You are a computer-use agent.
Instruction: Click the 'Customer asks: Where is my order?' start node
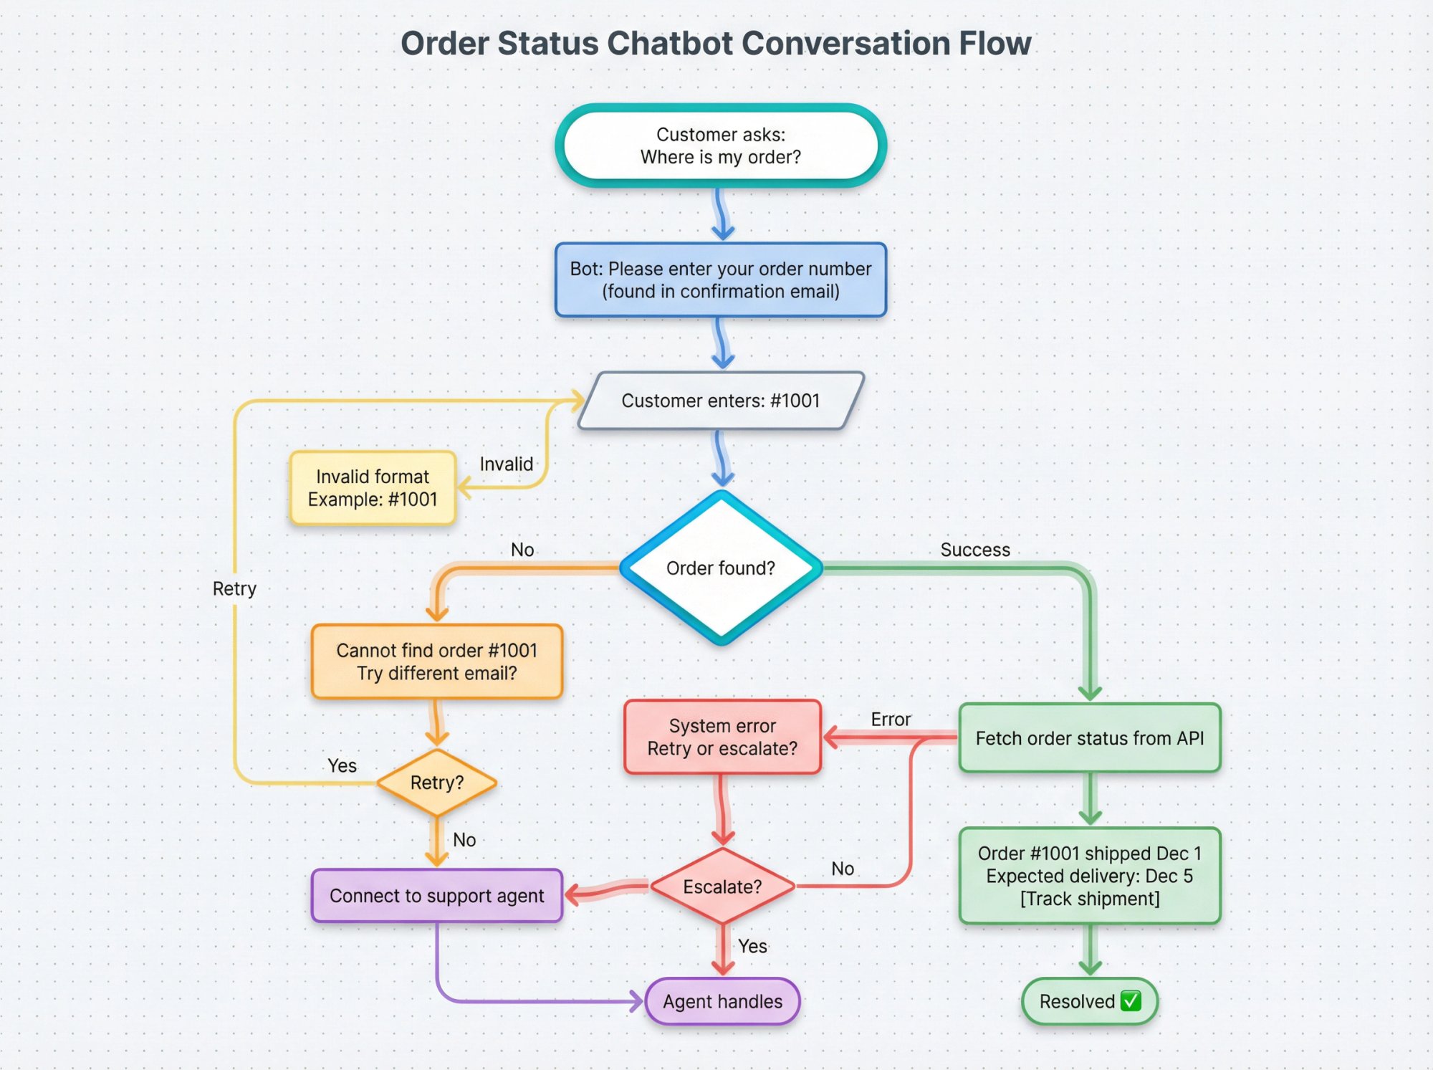point(720,145)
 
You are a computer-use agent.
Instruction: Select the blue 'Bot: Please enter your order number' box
point(720,280)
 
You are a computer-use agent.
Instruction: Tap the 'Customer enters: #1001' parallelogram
point(720,401)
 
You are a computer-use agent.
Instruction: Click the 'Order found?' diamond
point(720,568)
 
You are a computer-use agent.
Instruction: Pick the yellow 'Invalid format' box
point(373,488)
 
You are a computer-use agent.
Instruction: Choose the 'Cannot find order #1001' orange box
point(436,661)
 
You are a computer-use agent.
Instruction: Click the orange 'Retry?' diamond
point(436,783)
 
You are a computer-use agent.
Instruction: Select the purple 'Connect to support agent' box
point(436,896)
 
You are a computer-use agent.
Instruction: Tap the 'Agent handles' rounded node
point(722,1001)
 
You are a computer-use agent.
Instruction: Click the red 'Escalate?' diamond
point(722,887)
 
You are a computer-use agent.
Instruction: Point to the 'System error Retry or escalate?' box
point(722,737)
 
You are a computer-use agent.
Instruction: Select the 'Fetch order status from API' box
point(1089,738)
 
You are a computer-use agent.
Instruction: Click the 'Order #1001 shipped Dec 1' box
point(1089,876)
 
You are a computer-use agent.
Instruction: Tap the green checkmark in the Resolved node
point(1131,1000)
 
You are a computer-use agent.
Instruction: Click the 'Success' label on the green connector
point(974,550)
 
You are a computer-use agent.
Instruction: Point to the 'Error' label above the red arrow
point(891,719)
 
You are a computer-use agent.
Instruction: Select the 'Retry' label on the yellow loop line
point(234,588)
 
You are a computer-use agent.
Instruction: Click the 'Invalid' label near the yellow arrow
point(506,464)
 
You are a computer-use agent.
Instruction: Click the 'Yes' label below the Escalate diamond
point(752,946)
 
